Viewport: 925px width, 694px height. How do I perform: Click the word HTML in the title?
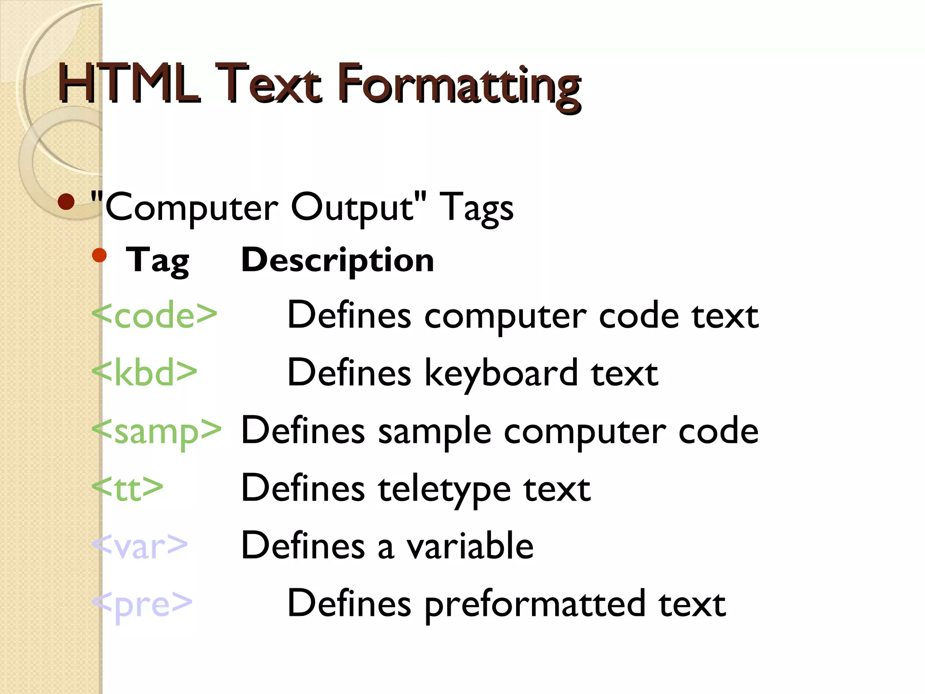tap(129, 84)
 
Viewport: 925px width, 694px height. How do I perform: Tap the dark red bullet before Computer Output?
tap(66, 202)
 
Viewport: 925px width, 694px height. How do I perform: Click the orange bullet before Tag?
tap(99, 255)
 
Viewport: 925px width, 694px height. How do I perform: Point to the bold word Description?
tap(337, 261)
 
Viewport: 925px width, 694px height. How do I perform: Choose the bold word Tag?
tap(157, 261)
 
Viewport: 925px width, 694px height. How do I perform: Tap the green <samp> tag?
tap(156, 431)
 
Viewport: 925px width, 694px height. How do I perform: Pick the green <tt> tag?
tap(127, 488)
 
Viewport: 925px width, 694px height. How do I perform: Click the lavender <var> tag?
tap(140, 546)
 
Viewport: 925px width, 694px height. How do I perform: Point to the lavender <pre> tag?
tap(142, 604)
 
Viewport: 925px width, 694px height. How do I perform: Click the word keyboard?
tap(501, 374)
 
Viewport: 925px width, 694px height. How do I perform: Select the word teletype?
tap(444, 489)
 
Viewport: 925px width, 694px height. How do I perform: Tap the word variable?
tap(470, 546)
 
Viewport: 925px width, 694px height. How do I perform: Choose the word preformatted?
tap(535, 605)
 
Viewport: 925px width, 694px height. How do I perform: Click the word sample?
tap(434, 431)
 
